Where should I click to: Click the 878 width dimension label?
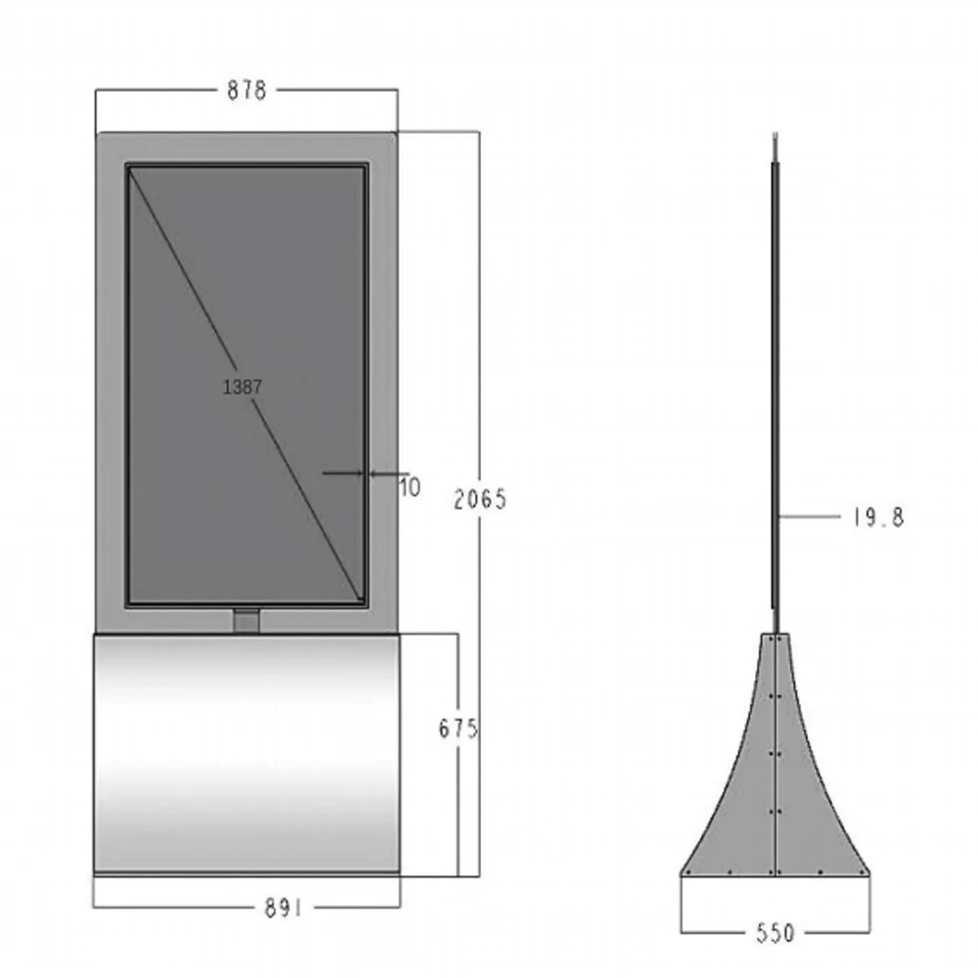click(x=247, y=90)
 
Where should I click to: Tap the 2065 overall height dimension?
click(x=480, y=499)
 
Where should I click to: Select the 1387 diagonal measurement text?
click(x=242, y=387)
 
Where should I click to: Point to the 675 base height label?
click(x=458, y=729)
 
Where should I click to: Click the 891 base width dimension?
click(x=284, y=909)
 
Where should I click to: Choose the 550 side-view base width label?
click(x=776, y=933)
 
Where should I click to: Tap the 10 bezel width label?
click(x=410, y=487)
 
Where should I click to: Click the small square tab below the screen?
click(x=246, y=621)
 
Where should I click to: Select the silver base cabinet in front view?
click(x=246, y=755)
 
